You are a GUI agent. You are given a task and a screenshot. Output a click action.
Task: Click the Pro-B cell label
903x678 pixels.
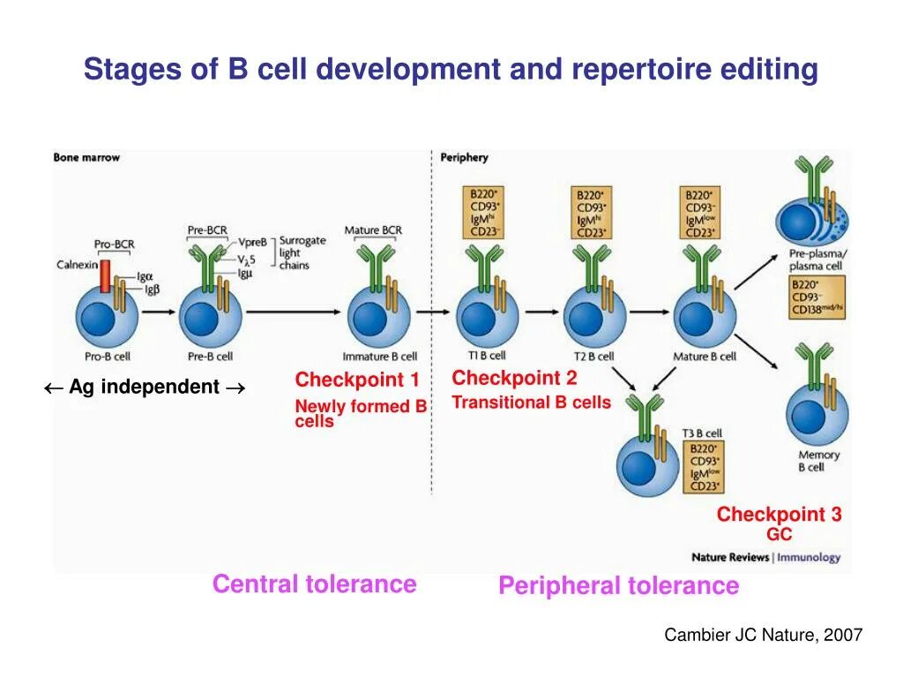108,357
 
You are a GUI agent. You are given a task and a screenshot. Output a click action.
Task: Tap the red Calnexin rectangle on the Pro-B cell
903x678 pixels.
105,275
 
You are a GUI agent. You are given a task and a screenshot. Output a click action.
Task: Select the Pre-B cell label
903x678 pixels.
210,357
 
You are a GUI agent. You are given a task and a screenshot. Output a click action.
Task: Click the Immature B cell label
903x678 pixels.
380,357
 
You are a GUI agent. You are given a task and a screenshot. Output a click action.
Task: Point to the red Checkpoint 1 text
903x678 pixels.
357,380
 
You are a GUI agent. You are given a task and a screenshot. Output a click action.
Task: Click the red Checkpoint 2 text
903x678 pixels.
514,379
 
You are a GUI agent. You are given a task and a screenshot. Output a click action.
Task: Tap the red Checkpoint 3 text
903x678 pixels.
779,515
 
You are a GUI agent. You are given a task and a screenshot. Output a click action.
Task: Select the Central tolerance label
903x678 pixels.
314,584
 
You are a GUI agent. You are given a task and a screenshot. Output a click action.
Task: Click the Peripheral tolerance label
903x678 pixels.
618,586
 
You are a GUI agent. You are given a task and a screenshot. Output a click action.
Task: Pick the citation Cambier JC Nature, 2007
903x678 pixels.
763,635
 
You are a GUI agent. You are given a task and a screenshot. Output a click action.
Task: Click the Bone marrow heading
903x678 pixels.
86,157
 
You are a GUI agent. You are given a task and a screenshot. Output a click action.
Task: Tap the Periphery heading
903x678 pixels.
464,157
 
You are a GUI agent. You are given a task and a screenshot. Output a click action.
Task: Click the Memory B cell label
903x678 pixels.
818,461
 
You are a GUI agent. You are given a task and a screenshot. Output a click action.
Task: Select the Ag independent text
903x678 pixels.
145,387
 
